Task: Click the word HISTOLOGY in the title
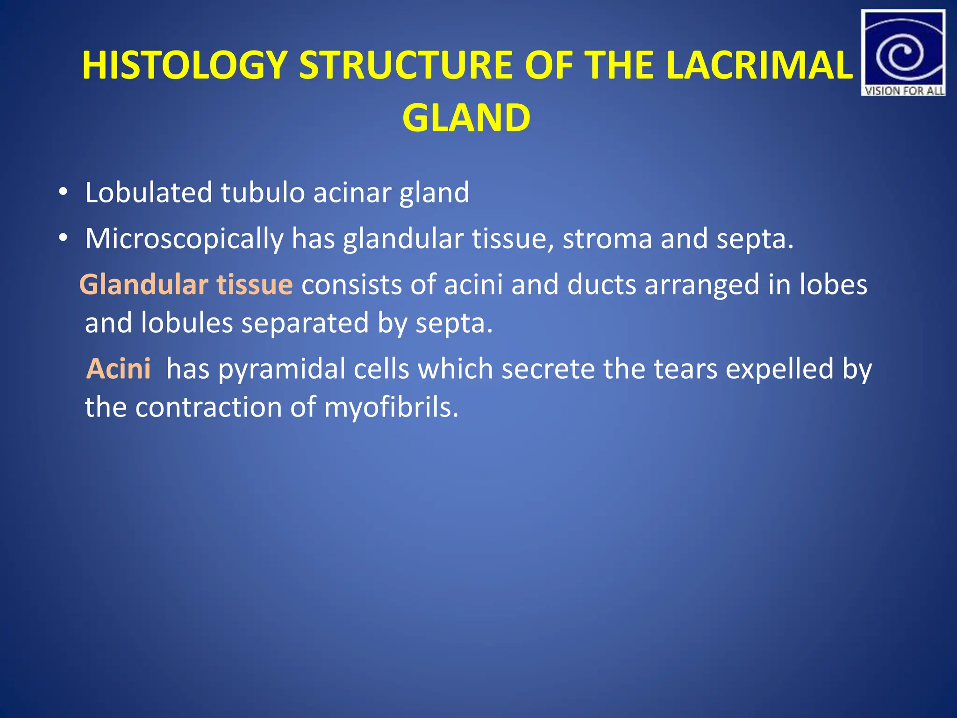pos(185,65)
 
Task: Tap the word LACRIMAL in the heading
pos(759,65)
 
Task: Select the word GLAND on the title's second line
pos(466,118)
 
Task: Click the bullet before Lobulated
pos(63,193)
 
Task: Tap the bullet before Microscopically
pos(63,238)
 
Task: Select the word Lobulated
pos(149,193)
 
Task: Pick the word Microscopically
pos(184,239)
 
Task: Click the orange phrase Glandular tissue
pos(186,285)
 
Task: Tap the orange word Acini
pos(119,369)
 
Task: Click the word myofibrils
pos(391,408)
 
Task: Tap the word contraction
pos(208,408)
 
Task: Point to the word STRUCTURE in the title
pos(406,65)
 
